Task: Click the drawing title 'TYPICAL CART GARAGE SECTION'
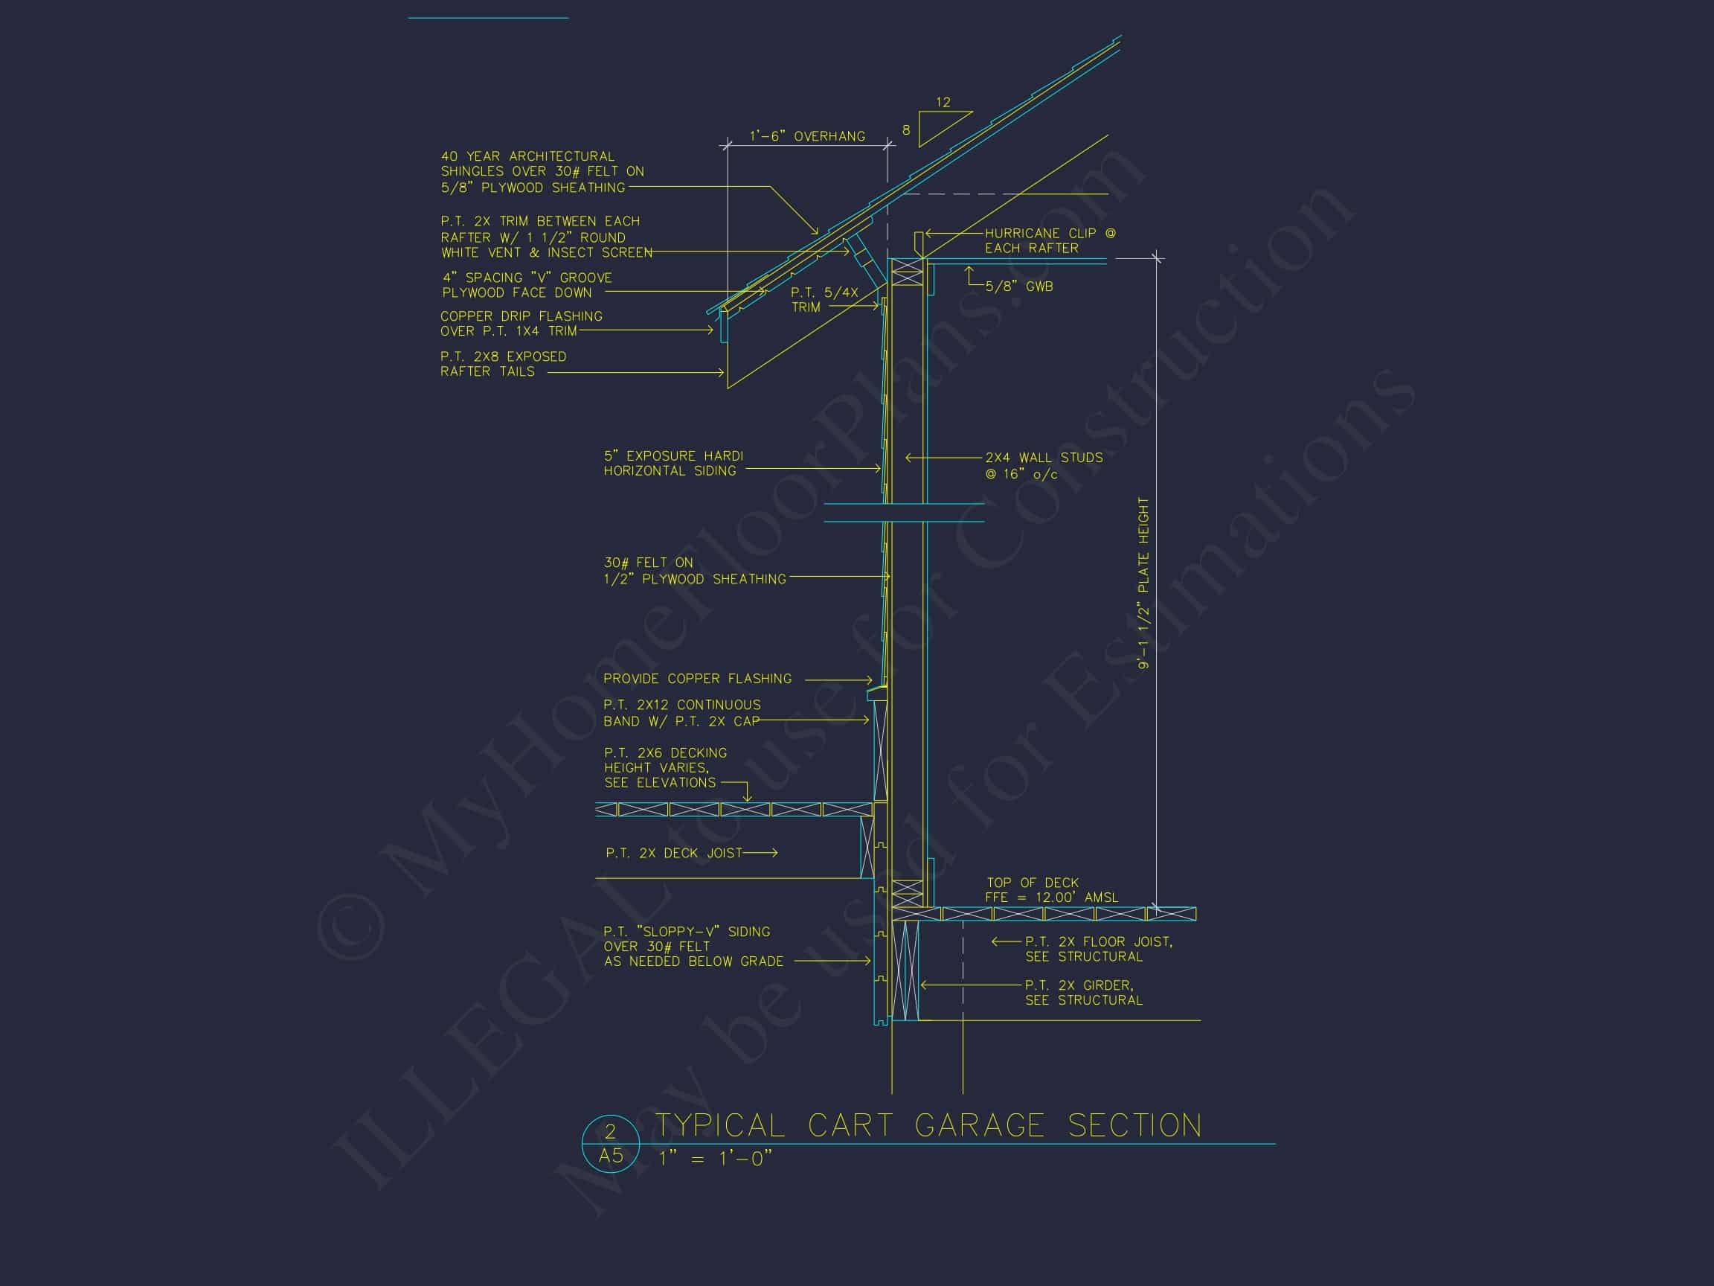928,1125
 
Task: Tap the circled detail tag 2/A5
611,1143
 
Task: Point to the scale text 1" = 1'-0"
715,1158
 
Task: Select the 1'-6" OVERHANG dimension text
806,136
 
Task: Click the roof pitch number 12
943,102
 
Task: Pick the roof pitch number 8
906,130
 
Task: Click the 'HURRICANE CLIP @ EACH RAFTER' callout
1050,240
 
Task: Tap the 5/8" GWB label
1019,286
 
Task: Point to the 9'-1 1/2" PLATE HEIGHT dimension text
1143,583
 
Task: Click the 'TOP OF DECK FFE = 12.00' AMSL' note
1051,890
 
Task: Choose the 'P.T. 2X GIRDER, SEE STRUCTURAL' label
1083,992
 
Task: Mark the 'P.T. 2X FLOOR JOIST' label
1098,942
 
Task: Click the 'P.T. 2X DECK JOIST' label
673,853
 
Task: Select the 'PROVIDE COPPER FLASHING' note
697,678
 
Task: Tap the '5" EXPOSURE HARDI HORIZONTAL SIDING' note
673,463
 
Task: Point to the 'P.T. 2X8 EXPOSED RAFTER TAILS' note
503,364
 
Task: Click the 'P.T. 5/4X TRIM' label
824,299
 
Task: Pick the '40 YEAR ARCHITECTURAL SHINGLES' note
542,171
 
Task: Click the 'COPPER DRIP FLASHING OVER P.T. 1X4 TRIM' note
521,323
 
